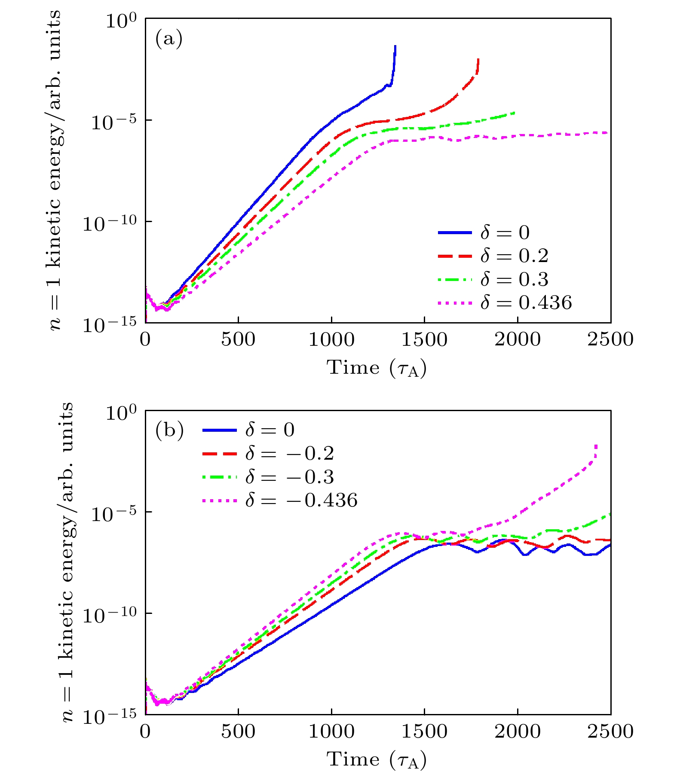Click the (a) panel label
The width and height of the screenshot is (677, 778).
click(169, 39)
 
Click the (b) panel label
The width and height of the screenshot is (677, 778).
click(169, 430)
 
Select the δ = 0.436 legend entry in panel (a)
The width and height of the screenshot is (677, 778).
click(505, 302)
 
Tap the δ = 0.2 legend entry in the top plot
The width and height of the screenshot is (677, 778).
click(493, 256)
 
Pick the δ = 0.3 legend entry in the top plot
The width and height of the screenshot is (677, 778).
click(493, 279)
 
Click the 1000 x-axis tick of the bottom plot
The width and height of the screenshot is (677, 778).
click(331, 731)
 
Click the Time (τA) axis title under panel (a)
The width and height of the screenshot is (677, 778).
click(377, 368)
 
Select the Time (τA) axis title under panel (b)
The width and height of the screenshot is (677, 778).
click(377, 760)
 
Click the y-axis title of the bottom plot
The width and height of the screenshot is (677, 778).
click(67, 562)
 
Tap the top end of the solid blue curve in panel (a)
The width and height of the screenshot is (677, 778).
click(395, 46)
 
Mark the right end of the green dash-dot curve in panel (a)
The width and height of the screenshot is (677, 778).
click(515, 113)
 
